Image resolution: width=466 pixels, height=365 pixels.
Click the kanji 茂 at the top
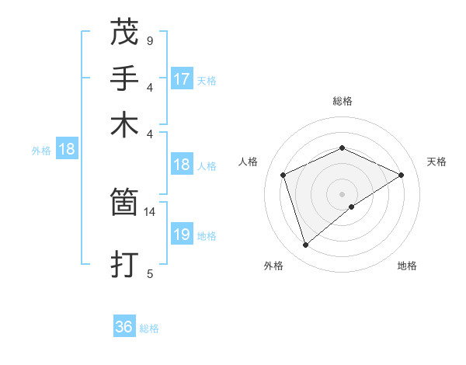(124, 32)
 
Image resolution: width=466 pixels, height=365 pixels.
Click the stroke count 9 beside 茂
(149, 40)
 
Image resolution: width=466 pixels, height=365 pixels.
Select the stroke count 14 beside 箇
(150, 211)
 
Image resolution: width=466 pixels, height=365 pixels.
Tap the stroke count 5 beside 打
(149, 273)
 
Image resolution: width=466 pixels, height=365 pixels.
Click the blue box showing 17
(182, 79)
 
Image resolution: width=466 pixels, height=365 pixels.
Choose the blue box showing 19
(181, 235)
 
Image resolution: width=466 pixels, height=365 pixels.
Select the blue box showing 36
(124, 327)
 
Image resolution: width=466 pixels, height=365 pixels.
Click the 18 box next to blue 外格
(67, 149)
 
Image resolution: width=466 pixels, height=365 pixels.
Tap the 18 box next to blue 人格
(181, 165)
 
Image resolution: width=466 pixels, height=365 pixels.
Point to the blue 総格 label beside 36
(149, 328)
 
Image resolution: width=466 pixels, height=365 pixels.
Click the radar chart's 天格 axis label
(436, 162)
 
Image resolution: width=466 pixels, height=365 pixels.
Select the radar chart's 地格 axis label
(407, 266)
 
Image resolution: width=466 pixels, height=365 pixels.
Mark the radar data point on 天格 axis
(402, 175)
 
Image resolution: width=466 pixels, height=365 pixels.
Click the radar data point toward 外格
(305, 245)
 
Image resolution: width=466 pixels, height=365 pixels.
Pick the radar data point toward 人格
(283, 175)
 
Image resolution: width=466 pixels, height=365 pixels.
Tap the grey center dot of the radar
(343, 193)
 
